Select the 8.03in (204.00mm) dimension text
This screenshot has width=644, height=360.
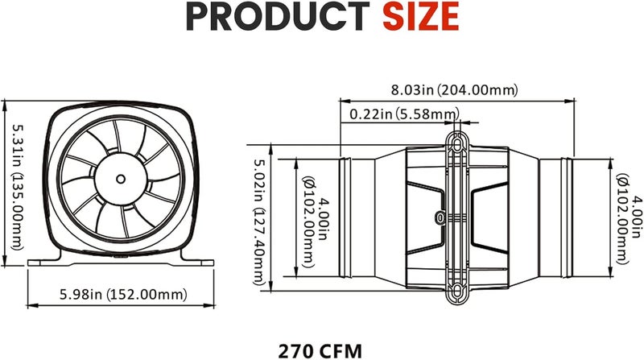(x=456, y=89)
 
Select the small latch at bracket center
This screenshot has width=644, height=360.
(x=440, y=217)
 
